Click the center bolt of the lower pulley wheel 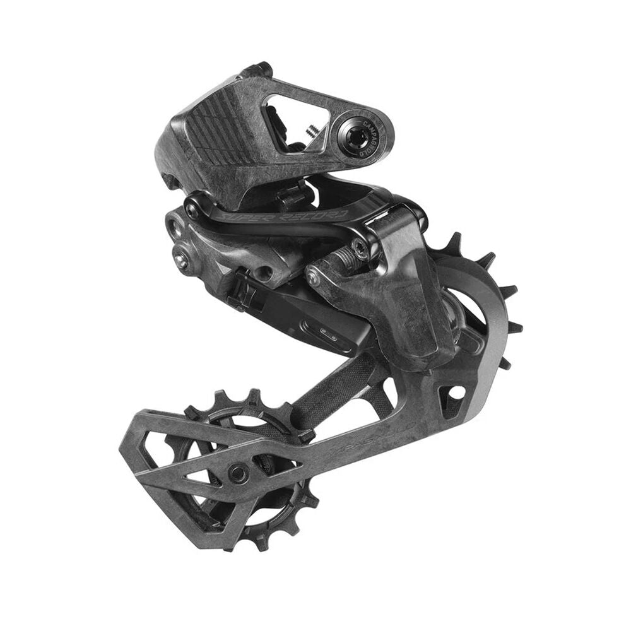click(x=239, y=471)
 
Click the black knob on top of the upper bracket click(x=259, y=69)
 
